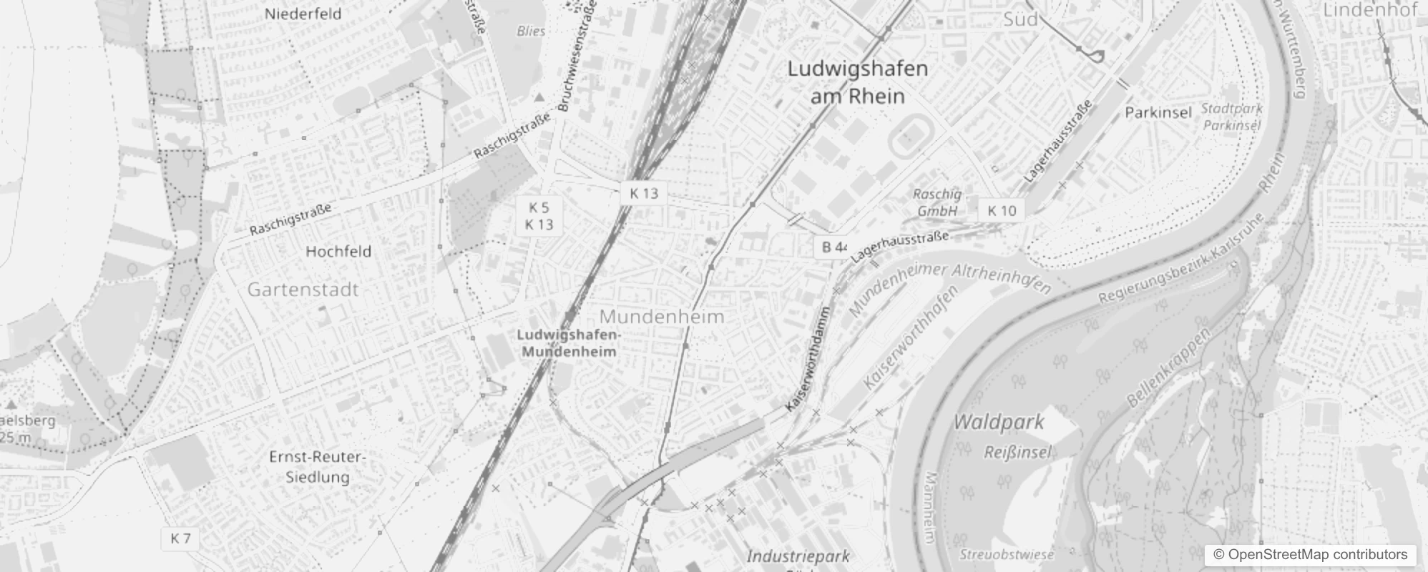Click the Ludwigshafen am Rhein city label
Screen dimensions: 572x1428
(x=857, y=82)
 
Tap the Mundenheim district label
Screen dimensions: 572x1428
(x=662, y=316)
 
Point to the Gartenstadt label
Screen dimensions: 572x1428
(x=303, y=290)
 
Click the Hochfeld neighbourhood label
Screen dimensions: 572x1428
(x=338, y=251)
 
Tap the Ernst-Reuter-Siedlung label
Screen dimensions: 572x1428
(x=318, y=466)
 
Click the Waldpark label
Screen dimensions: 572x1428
(x=999, y=422)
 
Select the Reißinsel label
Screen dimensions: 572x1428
(x=1017, y=452)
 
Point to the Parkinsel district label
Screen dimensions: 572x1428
(x=1158, y=112)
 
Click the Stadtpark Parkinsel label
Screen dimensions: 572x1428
(x=1231, y=117)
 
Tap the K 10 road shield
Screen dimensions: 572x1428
(x=1002, y=210)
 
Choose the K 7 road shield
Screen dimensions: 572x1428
(x=181, y=538)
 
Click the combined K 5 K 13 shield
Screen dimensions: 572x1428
(x=539, y=216)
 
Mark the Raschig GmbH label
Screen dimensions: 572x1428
(x=937, y=202)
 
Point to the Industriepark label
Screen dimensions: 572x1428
(x=798, y=556)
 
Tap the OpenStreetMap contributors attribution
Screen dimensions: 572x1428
(x=1309, y=555)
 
